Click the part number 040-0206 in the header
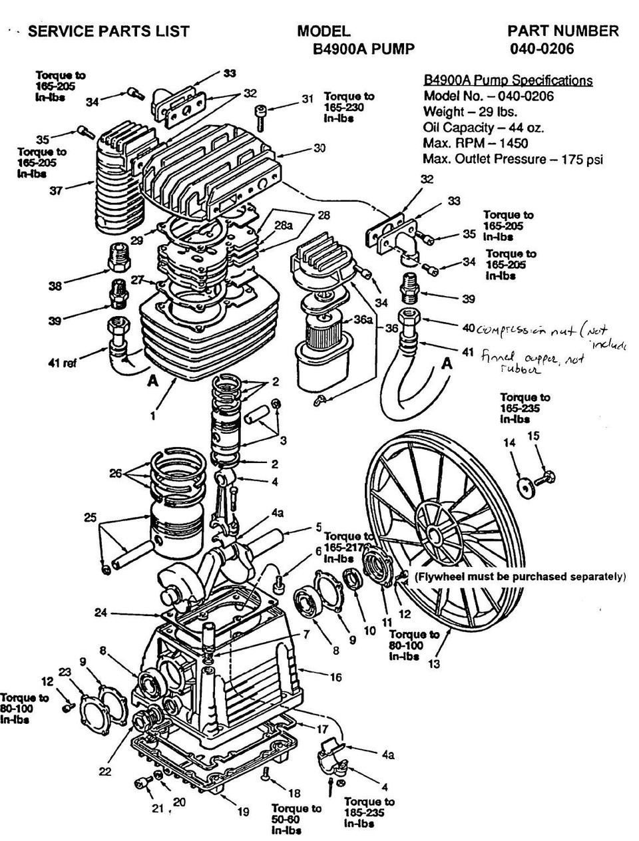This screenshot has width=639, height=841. tap(541, 49)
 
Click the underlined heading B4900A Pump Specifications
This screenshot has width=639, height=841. tap(508, 81)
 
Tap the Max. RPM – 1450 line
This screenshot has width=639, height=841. tap(475, 143)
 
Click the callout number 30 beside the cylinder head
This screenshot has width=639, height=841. tap(319, 148)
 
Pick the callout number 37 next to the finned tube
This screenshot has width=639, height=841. tap(56, 191)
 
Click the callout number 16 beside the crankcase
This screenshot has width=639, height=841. tap(335, 677)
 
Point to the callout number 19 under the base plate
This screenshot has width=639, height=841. tap(243, 812)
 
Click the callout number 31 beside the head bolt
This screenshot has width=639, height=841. tap(306, 100)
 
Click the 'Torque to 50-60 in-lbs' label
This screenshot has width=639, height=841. tap(296, 819)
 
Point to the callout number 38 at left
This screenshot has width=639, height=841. tap(55, 286)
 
